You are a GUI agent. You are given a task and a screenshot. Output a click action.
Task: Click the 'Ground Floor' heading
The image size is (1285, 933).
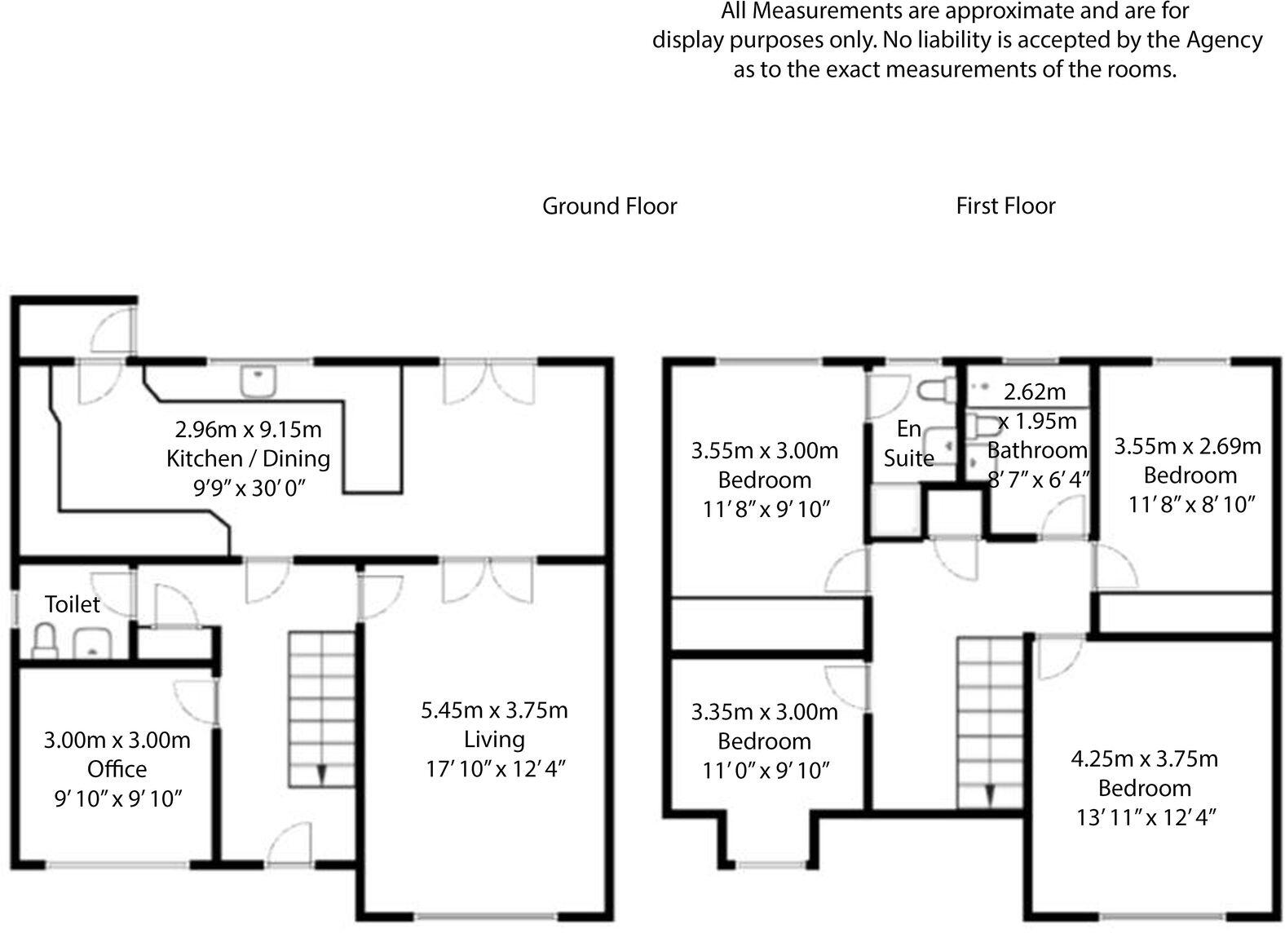pyautogui.click(x=609, y=206)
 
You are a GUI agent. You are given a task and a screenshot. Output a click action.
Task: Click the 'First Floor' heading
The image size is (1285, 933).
pyautogui.click(x=1005, y=206)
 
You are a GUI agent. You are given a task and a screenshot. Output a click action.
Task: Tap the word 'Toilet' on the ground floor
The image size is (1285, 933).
pyautogui.click(x=72, y=604)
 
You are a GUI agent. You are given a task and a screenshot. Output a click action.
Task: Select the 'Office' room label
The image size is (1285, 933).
pyautogui.click(x=117, y=769)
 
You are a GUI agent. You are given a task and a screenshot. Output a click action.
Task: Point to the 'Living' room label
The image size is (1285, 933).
pyautogui.click(x=494, y=740)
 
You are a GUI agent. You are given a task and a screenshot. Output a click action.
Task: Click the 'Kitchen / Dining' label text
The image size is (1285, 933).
pyautogui.click(x=248, y=458)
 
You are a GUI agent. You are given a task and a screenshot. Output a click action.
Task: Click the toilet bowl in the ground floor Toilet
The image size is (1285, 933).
pyautogui.click(x=44, y=641)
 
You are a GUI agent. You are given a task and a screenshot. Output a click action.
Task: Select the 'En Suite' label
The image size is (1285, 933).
pyautogui.click(x=908, y=444)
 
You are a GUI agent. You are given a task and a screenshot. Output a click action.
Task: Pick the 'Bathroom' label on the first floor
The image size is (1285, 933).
pyautogui.click(x=1037, y=450)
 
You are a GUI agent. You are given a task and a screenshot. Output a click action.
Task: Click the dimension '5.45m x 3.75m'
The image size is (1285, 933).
pyautogui.click(x=494, y=710)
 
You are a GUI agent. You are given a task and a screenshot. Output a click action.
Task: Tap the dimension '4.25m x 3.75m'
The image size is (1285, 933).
pyautogui.click(x=1144, y=759)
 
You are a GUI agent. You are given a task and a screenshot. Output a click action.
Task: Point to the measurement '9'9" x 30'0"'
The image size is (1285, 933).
pyautogui.click(x=248, y=488)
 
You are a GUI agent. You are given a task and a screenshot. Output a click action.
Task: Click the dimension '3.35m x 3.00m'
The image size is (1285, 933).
pyautogui.click(x=764, y=712)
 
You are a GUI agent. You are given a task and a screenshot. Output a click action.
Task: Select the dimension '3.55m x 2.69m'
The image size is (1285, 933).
pyautogui.click(x=1187, y=446)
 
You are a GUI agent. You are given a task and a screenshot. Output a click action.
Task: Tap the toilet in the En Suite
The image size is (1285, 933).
pyautogui.click(x=935, y=391)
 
